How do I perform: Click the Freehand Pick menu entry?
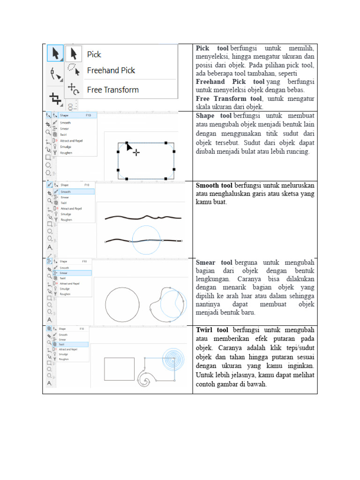[x=111, y=70]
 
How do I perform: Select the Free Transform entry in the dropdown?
[x=112, y=90]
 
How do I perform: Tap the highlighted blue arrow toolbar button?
[x=55, y=53]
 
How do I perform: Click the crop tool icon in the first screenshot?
[x=55, y=98]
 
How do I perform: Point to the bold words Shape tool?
[x=214, y=115]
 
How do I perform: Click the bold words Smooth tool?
[x=214, y=185]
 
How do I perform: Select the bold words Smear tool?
[x=214, y=262]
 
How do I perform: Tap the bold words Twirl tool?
[x=212, y=330]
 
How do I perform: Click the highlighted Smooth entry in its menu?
[x=73, y=192]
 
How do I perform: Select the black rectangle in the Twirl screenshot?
[x=119, y=369]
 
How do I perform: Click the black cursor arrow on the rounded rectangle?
[x=129, y=147]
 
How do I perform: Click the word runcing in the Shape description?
[x=298, y=151]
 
